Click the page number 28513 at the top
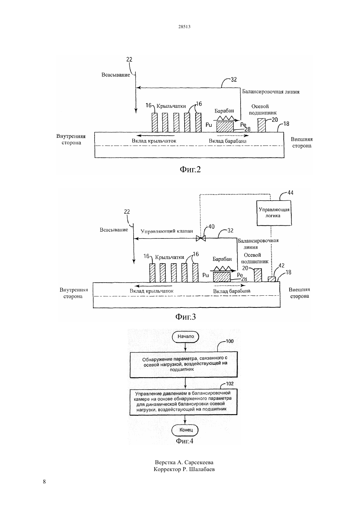click(x=184, y=26)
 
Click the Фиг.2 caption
click(x=190, y=169)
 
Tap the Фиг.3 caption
click(x=186, y=317)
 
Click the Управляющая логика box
click(x=274, y=213)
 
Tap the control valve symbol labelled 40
click(x=201, y=238)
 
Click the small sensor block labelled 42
click(x=272, y=279)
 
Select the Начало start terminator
click(x=186, y=337)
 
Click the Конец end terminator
click(x=185, y=430)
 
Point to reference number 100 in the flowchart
click(x=229, y=341)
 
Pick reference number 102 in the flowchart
click(x=229, y=384)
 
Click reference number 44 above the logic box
click(x=291, y=193)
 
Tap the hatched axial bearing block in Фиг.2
click(x=261, y=125)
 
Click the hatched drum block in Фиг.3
click(x=222, y=277)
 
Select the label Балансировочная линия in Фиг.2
click(x=271, y=92)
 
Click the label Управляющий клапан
click(x=167, y=231)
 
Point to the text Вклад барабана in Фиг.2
click(x=228, y=141)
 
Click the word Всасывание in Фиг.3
click(x=114, y=230)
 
